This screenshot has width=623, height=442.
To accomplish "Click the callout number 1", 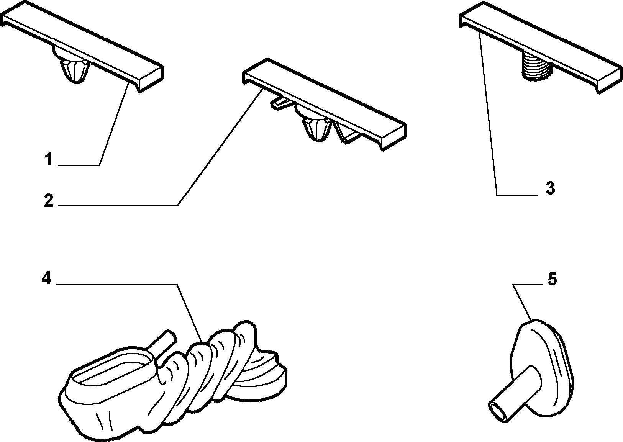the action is coord(49,159).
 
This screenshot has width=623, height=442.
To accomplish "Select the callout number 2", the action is coord(49,201).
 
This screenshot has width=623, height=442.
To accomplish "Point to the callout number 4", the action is coord(46,278).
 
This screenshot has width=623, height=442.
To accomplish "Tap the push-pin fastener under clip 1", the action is coord(75,71).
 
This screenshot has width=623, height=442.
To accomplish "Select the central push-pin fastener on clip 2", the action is coord(317,128).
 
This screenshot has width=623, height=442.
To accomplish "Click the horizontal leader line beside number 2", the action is coord(118,206).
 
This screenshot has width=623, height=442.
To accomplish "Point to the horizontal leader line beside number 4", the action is coord(116,284).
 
